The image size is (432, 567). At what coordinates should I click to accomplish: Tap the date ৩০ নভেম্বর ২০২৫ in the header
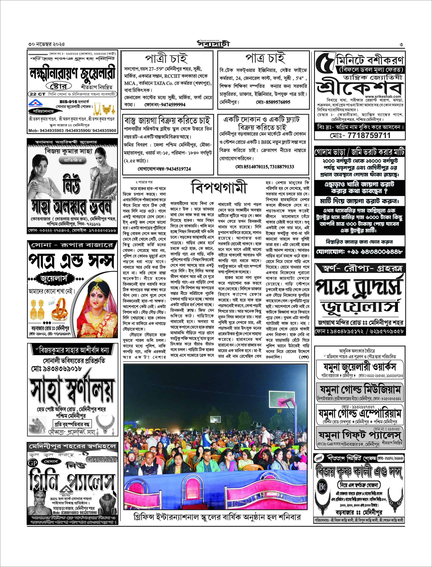point(47,44)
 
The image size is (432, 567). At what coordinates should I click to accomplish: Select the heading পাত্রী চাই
point(167,59)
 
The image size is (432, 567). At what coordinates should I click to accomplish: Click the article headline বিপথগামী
point(219,187)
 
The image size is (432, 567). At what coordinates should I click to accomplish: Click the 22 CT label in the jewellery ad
point(38,94)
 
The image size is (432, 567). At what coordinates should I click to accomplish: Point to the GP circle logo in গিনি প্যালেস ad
point(33,463)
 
